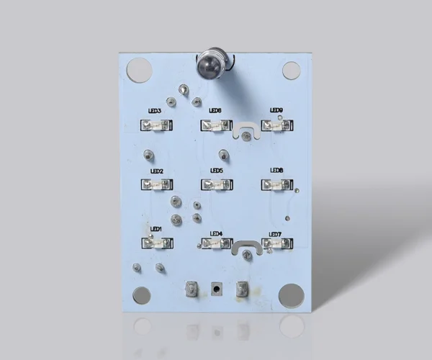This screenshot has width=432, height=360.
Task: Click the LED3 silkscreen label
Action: (x=155, y=111)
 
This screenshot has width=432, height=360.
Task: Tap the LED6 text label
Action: (x=215, y=110)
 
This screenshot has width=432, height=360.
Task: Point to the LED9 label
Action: (x=276, y=110)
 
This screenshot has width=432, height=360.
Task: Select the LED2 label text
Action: (x=157, y=171)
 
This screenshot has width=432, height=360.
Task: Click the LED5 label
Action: (x=217, y=171)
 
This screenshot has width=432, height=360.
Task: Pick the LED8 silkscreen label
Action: (x=276, y=170)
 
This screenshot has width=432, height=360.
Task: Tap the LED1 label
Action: (x=156, y=229)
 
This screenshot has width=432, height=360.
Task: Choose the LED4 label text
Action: (x=216, y=234)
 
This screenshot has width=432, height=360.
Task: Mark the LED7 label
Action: (x=275, y=235)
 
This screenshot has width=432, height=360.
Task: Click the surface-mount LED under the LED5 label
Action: (x=217, y=184)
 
